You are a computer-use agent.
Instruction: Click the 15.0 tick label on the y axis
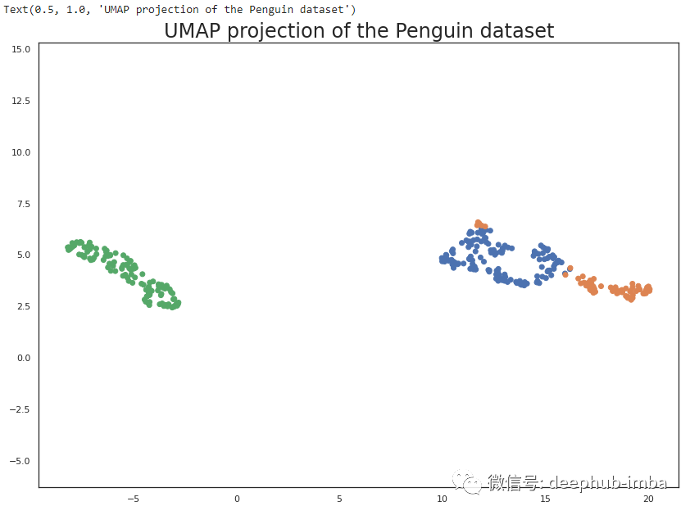tap(21, 49)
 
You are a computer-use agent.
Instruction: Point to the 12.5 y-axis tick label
tap(21, 101)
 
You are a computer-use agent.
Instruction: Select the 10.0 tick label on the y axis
tap(21, 152)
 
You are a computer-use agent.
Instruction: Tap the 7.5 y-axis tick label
tap(24, 204)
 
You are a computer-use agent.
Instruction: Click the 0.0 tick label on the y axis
tap(24, 358)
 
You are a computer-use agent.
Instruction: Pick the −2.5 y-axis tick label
tap(20, 409)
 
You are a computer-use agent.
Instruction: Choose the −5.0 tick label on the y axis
tap(20, 461)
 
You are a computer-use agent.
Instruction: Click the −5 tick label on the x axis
tap(134, 499)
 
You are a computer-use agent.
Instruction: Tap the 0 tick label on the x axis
tap(237, 499)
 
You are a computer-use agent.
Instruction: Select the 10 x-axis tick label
tap(442, 499)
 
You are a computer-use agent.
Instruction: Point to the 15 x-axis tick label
tap(545, 499)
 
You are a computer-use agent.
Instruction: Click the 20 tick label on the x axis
tap(648, 499)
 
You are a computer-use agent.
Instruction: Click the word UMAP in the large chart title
tap(193, 31)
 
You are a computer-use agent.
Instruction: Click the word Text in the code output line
tap(16, 9)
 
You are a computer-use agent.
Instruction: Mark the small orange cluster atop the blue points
tap(480, 224)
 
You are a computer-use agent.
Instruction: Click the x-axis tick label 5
tap(339, 499)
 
